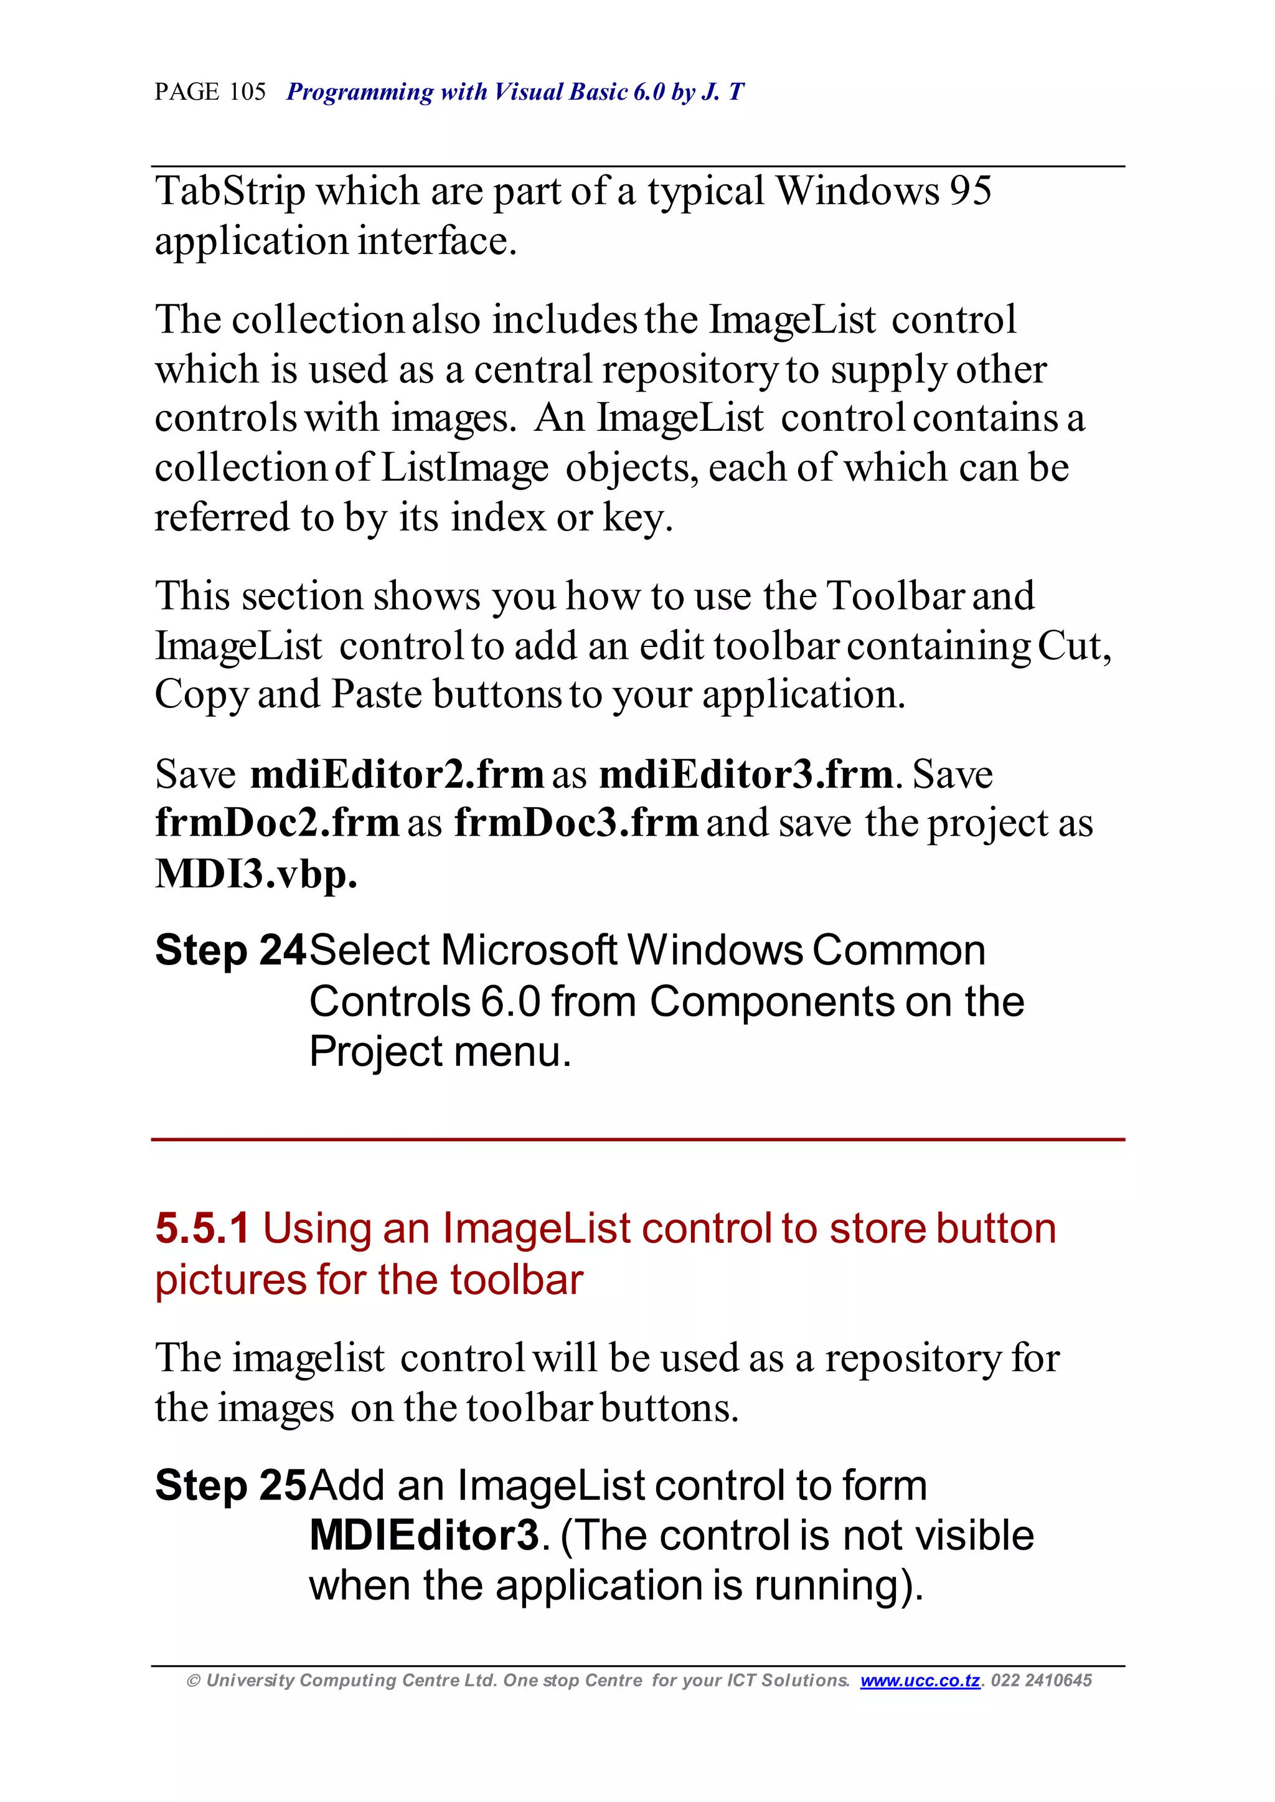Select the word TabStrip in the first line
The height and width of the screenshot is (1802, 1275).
click(230, 192)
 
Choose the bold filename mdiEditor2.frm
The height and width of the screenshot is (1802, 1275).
click(397, 775)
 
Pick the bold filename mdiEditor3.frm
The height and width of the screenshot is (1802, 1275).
click(745, 775)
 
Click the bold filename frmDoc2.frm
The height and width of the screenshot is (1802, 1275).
click(277, 824)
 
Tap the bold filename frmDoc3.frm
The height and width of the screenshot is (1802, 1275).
click(575, 824)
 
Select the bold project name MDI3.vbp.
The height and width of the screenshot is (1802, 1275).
click(256, 874)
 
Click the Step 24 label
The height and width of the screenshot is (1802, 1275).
click(229, 951)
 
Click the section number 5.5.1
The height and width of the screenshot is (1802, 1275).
click(202, 1229)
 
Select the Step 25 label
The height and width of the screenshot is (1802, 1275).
click(229, 1486)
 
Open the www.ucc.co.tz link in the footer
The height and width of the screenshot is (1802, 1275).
click(920, 1681)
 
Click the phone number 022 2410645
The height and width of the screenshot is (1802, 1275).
click(1041, 1681)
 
